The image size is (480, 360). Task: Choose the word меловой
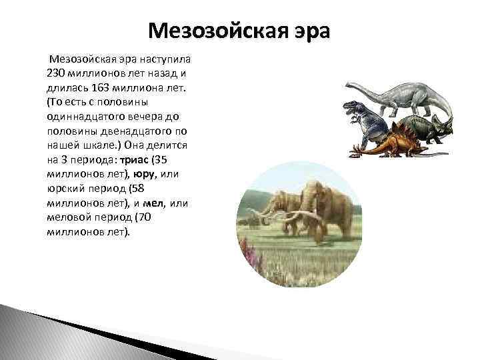(x=69, y=218)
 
